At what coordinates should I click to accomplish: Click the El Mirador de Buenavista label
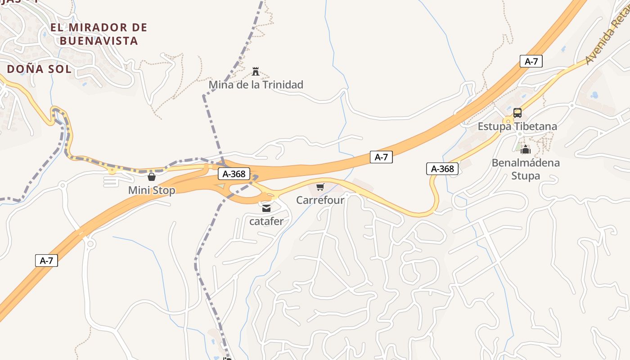[x=99, y=34]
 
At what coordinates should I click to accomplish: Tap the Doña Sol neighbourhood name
[x=39, y=69]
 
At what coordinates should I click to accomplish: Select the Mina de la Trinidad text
[x=256, y=85]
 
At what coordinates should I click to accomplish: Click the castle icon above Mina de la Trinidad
[x=256, y=71]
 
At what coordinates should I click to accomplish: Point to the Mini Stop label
[x=152, y=190]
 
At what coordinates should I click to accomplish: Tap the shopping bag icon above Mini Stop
[x=152, y=177]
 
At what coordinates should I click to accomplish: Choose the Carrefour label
[x=320, y=200]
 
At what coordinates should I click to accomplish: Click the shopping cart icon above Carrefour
[x=320, y=187]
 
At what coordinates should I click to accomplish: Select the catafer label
[x=266, y=221]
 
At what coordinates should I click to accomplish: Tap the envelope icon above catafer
[x=266, y=208]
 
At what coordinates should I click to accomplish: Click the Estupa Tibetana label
[x=517, y=126]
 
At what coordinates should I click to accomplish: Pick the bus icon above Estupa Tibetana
[x=517, y=112]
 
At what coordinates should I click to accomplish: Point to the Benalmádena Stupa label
[x=526, y=169]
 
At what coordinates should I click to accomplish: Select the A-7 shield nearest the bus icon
[x=531, y=62]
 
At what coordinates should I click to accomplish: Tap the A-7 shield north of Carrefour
[x=381, y=157]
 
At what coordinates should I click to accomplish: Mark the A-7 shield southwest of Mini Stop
[x=46, y=260]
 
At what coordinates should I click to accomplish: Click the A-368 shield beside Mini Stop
[x=234, y=174]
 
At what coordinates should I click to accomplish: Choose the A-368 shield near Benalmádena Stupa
[x=442, y=169]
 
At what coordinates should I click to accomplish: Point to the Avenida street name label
[x=607, y=40]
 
